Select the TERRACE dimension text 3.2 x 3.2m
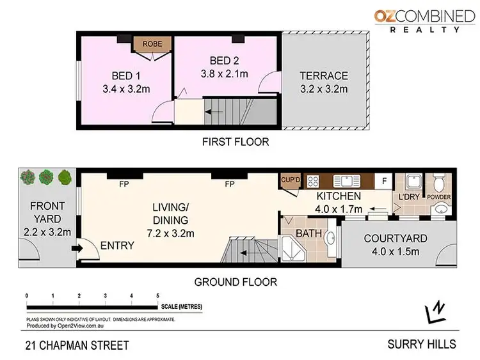[x=324, y=88]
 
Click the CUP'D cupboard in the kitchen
[x=291, y=180]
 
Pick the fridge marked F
[x=385, y=180]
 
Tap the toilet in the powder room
[x=439, y=181]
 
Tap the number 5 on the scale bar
[x=157, y=296]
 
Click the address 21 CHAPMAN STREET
[x=77, y=346]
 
